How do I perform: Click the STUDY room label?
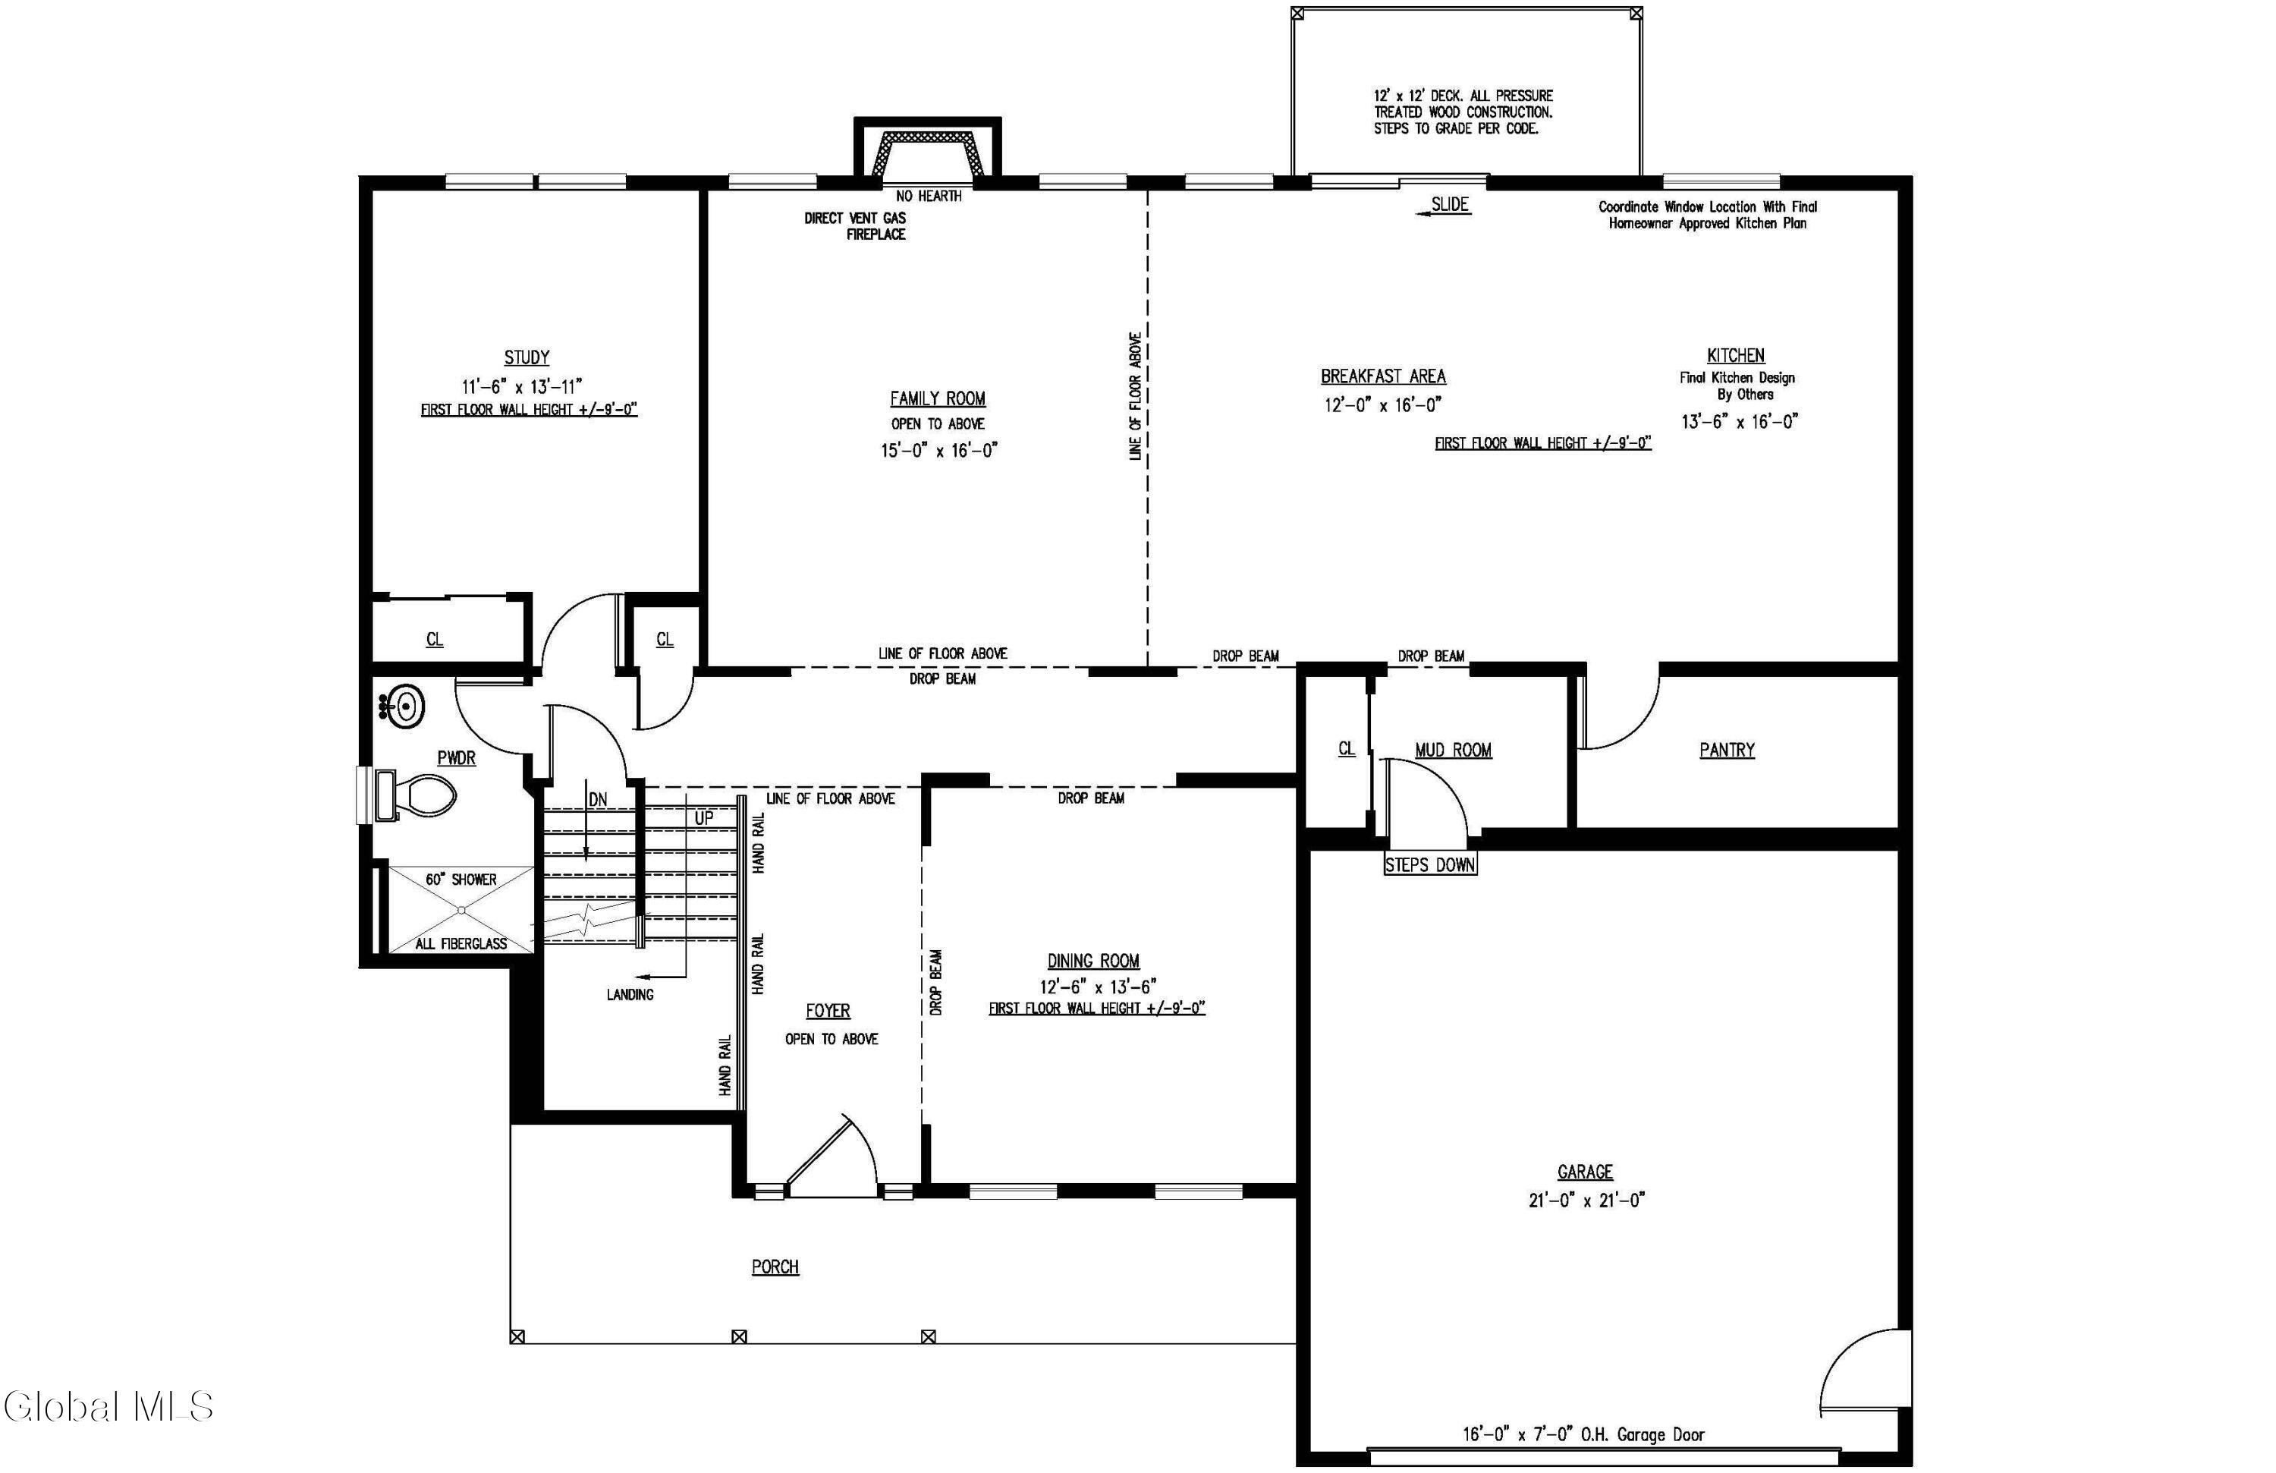(527, 357)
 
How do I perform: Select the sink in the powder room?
(403, 708)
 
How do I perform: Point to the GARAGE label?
(1585, 1172)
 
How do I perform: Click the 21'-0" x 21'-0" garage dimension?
(1586, 1201)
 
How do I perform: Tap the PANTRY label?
(1727, 750)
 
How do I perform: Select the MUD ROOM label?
(1454, 750)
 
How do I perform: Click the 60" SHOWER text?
(461, 879)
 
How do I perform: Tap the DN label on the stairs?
(598, 800)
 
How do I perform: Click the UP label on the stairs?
(704, 818)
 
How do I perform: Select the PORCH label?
(775, 1267)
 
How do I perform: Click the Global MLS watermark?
(108, 1406)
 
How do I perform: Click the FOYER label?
(828, 1011)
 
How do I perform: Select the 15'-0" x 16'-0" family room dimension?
(939, 451)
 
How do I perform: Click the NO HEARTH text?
(929, 196)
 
